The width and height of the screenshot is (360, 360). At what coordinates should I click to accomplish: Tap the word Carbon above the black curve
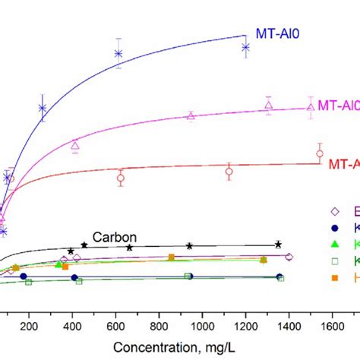tap(109, 235)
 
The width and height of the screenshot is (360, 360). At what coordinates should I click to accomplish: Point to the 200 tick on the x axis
tap(29, 327)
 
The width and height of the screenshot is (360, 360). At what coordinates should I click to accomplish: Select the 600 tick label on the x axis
tap(115, 327)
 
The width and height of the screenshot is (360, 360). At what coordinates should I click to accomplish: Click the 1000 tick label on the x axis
tap(201, 327)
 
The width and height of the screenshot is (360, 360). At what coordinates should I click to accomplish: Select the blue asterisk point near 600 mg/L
tap(118, 53)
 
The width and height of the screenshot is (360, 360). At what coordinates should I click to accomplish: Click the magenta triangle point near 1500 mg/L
tap(310, 107)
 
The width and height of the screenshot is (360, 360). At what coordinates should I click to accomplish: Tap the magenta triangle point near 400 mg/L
tap(75, 145)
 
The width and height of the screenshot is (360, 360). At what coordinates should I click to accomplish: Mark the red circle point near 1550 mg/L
tap(320, 153)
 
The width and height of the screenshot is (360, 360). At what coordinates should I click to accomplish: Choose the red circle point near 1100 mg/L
tap(229, 172)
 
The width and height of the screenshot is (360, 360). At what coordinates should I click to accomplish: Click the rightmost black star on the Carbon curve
tap(279, 244)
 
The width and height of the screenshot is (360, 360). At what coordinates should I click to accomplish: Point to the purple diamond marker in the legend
tap(333, 212)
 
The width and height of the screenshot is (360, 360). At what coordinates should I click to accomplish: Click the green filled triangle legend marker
tap(333, 245)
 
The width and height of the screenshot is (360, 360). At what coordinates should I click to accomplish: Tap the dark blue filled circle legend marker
tap(333, 228)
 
